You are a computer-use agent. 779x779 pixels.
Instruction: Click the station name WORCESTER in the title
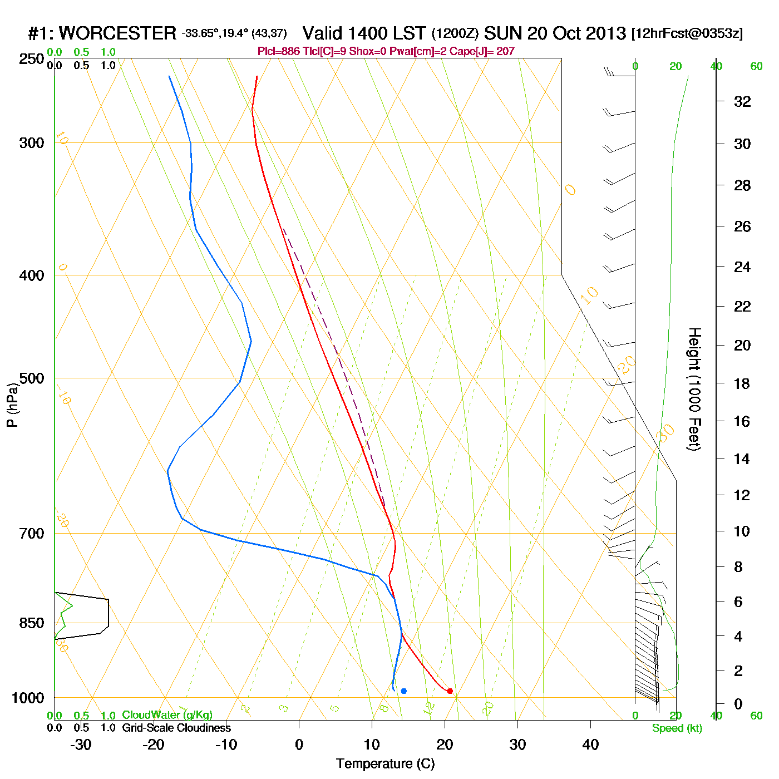(x=117, y=33)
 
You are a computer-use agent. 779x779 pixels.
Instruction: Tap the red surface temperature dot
(x=450, y=691)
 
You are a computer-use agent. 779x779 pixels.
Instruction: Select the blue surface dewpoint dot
(x=404, y=691)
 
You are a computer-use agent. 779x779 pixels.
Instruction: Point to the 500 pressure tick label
(x=32, y=378)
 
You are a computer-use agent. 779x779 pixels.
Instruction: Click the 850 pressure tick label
(x=32, y=623)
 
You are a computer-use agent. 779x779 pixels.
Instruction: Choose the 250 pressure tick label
(x=32, y=59)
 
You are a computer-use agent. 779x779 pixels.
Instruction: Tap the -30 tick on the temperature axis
(x=81, y=745)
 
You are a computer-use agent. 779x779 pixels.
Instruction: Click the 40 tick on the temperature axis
(x=590, y=745)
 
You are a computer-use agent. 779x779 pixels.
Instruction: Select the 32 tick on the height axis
(x=742, y=101)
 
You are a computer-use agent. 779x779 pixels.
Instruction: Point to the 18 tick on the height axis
(x=742, y=383)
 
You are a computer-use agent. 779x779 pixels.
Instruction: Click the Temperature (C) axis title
(x=385, y=764)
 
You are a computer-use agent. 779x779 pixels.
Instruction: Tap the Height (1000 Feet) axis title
(x=694, y=389)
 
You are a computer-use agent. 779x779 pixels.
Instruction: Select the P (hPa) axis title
(x=12, y=405)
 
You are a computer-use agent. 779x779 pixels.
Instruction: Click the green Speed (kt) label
(x=677, y=728)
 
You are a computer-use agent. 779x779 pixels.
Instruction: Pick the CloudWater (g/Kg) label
(x=167, y=715)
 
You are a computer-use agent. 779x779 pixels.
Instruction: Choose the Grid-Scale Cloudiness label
(x=176, y=728)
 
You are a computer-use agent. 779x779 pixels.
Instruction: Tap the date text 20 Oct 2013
(x=576, y=33)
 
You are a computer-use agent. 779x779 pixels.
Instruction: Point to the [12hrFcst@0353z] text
(x=687, y=33)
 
